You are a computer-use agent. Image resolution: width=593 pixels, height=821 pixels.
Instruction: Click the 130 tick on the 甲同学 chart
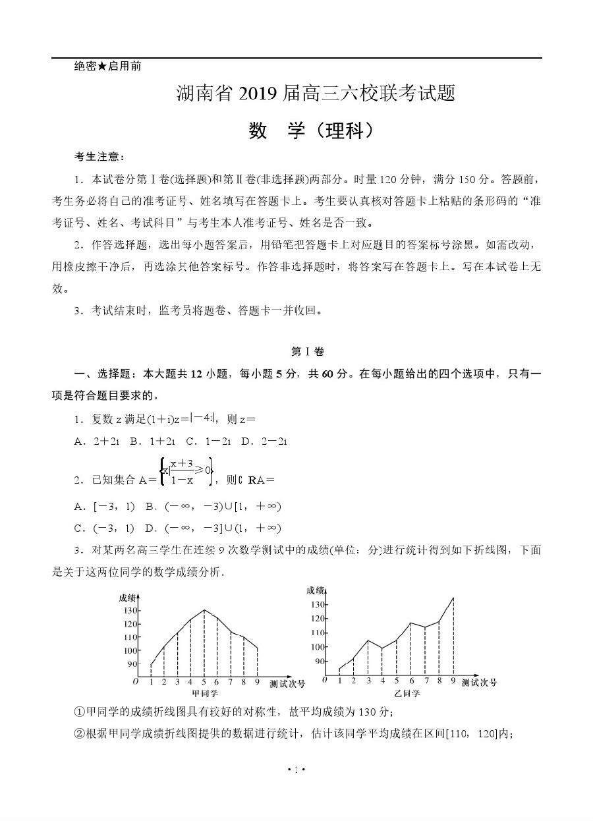coord(128,611)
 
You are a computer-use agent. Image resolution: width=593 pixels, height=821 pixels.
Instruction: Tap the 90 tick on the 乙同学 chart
coord(320,661)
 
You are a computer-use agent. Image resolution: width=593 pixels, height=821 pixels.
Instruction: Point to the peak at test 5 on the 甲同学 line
coord(204,610)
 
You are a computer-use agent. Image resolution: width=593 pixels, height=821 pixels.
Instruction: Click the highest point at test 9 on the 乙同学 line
coord(453,598)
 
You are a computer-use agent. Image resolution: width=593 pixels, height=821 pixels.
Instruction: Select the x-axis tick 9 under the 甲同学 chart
coord(256,682)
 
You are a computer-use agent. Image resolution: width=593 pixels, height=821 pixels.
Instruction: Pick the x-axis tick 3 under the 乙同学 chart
coord(368,681)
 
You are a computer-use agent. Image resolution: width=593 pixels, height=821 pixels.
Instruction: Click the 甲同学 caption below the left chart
coord(204,693)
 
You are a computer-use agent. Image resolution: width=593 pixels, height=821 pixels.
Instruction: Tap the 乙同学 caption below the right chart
coord(407,693)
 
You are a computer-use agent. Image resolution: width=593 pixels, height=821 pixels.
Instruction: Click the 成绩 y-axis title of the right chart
coord(316,590)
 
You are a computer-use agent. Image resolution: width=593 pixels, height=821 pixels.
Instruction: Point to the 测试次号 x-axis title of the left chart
coord(287,684)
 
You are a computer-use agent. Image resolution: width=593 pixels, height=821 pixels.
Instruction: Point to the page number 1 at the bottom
coord(296,769)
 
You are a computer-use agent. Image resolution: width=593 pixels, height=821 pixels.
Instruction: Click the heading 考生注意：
coord(99,156)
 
